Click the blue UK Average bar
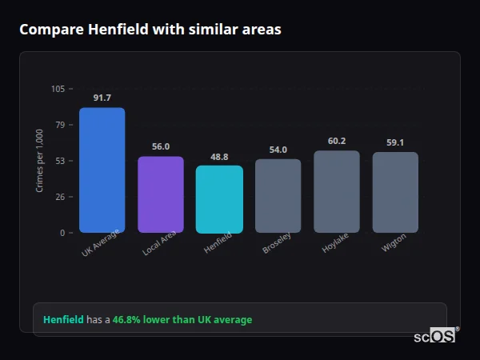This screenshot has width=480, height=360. point(102,170)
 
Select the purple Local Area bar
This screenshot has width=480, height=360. point(161,194)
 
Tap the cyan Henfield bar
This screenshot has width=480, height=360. point(219,199)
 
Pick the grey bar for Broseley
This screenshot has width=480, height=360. point(278,196)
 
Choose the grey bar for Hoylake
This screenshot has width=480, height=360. point(337,192)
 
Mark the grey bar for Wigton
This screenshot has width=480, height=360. point(395,193)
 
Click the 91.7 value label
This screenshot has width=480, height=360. point(102,98)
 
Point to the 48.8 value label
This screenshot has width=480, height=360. point(219,157)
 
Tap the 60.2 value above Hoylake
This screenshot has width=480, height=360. point(337,141)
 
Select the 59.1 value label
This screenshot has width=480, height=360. point(395,142)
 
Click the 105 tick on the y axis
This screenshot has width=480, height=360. point(58,89)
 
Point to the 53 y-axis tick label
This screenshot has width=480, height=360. point(60,161)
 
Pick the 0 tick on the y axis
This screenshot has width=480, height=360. point(62,233)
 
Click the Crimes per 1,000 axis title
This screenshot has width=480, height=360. point(40,161)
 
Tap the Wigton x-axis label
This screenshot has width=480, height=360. point(394,244)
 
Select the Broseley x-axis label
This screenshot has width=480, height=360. point(276,244)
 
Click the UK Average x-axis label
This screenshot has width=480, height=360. point(100,243)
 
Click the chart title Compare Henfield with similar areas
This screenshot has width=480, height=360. point(150,30)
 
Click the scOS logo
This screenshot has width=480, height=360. point(435,336)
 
